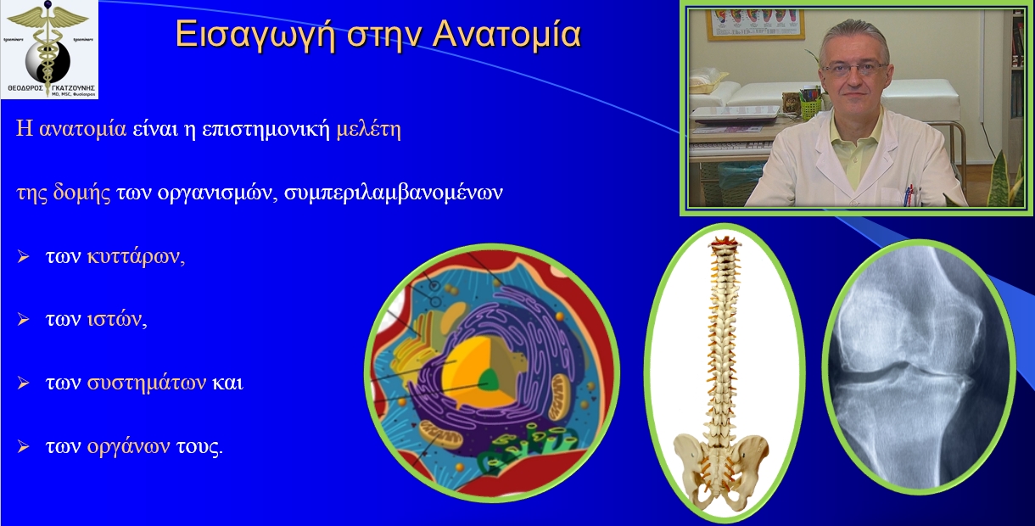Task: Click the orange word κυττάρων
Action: [135, 257]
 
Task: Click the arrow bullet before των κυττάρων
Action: [24, 257]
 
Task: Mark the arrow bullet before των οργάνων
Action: [24, 445]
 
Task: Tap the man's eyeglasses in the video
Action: [853, 68]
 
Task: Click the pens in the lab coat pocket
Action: [909, 193]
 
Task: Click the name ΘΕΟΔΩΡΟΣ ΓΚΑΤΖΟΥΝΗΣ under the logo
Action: [49, 87]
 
